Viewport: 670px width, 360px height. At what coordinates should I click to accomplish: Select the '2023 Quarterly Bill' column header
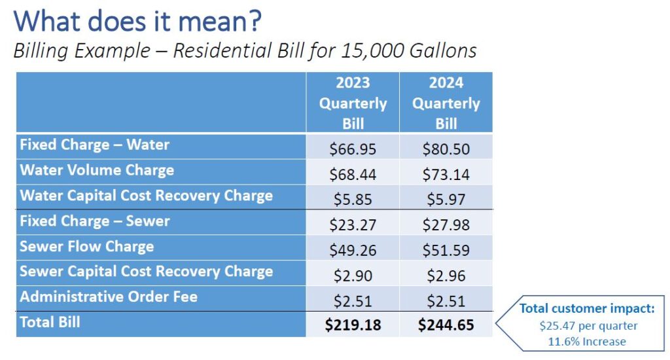pyautogui.click(x=353, y=103)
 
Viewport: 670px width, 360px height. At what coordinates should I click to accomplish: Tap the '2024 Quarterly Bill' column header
pyautogui.click(x=446, y=103)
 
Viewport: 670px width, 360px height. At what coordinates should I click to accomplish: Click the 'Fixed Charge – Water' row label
pyautogui.click(x=94, y=145)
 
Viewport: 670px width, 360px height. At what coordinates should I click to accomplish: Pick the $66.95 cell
pyautogui.click(x=353, y=149)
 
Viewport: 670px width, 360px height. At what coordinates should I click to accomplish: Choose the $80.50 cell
pyautogui.click(x=446, y=149)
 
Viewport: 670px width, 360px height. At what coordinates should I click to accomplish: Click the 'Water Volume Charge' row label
pyautogui.click(x=97, y=170)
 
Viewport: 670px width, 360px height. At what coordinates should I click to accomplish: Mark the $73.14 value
pyautogui.click(x=446, y=175)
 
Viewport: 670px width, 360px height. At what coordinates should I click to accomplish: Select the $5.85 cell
pyautogui.click(x=353, y=200)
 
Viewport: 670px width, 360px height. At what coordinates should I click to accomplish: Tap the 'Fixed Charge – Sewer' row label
pyautogui.click(x=95, y=221)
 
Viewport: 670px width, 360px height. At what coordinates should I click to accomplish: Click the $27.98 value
pyautogui.click(x=446, y=225)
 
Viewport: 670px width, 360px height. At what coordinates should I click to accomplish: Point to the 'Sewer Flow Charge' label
pyautogui.click(x=87, y=247)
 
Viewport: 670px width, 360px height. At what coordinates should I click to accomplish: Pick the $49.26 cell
pyautogui.click(x=353, y=250)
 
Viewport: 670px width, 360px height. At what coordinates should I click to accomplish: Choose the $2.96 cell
pyautogui.click(x=446, y=276)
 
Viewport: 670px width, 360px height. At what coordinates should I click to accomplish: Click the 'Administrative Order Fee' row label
pyautogui.click(x=109, y=297)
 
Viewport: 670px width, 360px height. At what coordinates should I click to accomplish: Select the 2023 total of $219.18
pyautogui.click(x=353, y=325)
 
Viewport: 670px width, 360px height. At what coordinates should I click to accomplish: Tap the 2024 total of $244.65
pyautogui.click(x=446, y=325)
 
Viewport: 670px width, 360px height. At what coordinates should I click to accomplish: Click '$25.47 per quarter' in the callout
pyautogui.click(x=588, y=326)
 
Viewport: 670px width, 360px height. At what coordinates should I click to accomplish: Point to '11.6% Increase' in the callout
pyautogui.click(x=587, y=342)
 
